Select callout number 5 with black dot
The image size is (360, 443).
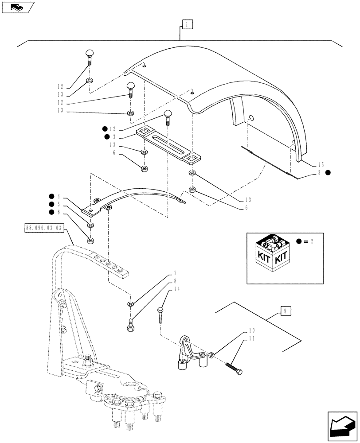coord(58,204)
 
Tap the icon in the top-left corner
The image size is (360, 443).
coord(18,7)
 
